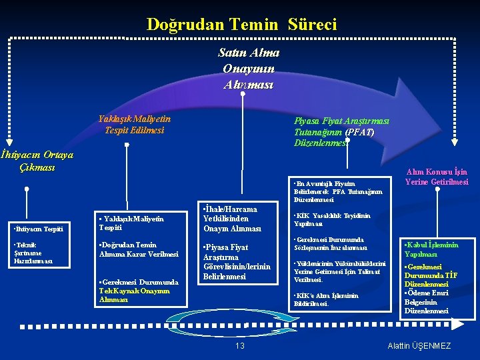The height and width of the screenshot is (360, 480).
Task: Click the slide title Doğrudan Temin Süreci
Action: click(x=241, y=25)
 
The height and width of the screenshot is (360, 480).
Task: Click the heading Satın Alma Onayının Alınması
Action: click(x=248, y=69)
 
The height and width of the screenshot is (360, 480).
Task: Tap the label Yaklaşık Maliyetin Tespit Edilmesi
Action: click(x=134, y=124)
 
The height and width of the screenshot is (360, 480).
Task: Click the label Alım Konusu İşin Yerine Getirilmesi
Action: click(x=437, y=177)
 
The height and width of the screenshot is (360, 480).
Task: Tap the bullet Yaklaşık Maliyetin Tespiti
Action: click(x=131, y=223)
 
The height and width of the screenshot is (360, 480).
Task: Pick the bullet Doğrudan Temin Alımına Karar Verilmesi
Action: click(x=139, y=249)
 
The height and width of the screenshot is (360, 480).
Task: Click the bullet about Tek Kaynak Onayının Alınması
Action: click(x=138, y=291)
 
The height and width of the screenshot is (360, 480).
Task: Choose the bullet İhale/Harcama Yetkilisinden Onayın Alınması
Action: click(x=231, y=218)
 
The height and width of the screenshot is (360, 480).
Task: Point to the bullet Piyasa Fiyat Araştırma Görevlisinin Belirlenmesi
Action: click(x=237, y=261)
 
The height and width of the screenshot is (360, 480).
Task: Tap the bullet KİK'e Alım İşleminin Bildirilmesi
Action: click(x=326, y=299)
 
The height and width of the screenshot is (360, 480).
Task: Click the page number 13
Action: click(x=240, y=345)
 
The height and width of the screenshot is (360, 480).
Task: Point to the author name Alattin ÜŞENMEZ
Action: click(x=419, y=345)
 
